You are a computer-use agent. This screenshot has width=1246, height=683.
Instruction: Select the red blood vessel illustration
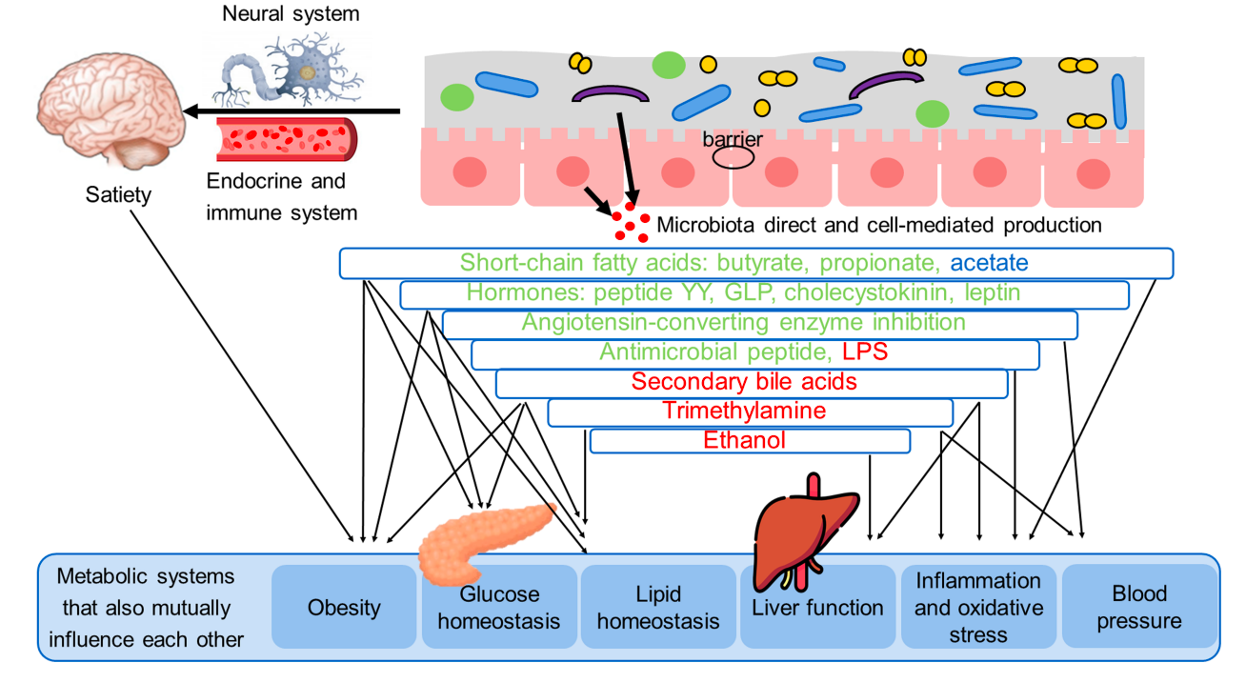coord(287,139)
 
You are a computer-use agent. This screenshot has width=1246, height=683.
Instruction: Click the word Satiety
coord(118,195)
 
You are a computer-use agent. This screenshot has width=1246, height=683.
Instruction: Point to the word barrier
coord(733,140)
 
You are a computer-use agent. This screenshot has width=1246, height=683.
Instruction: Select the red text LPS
coord(865,352)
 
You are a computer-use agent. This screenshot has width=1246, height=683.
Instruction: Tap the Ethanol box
coord(750,440)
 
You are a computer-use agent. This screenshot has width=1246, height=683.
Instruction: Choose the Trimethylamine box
coord(750,412)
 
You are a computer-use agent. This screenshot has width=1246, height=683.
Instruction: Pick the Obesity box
coord(344,608)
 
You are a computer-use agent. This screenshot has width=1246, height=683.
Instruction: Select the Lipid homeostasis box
coord(658,608)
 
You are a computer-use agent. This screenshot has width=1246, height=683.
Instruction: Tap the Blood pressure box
coord(1139,607)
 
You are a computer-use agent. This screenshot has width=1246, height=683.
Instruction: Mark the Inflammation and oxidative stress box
coord(978,607)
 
